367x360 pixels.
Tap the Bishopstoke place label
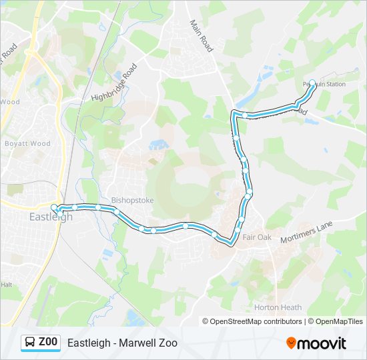(x=132, y=199)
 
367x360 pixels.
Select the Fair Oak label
(x=256, y=237)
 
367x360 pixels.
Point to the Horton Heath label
(x=278, y=307)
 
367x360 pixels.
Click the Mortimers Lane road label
(x=307, y=235)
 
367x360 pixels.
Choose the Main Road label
(x=201, y=35)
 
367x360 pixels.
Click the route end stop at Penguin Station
(x=312, y=83)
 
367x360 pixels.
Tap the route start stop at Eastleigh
(x=55, y=207)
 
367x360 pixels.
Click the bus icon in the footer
(x=30, y=343)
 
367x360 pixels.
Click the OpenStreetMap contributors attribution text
(x=256, y=321)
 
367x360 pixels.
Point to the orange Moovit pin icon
(x=292, y=343)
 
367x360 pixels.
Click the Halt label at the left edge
(x=7, y=284)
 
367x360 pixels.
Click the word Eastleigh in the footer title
(x=89, y=343)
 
